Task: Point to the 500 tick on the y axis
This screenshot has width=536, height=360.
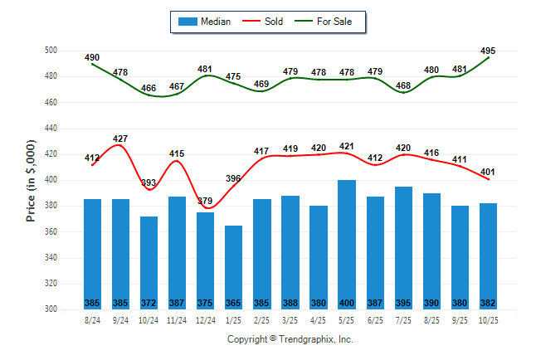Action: [51, 51]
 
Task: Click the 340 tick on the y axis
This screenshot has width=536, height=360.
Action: [51, 258]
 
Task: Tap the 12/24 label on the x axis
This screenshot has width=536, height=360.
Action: [205, 320]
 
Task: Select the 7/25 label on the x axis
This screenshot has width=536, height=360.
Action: [403, 320]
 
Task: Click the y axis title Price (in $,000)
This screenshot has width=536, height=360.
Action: [31, 181]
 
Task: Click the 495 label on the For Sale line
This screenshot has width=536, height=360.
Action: [488, 51]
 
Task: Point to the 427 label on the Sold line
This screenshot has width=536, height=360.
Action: [120, 139]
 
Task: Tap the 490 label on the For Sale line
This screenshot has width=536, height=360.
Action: [92, 57]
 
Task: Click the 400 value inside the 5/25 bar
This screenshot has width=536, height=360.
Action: [347, 303]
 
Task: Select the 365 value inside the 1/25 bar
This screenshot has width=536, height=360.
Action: [234, 303]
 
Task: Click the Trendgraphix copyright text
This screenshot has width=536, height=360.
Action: [290, 339]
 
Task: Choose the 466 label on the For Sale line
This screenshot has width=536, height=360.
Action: [149, 88]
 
